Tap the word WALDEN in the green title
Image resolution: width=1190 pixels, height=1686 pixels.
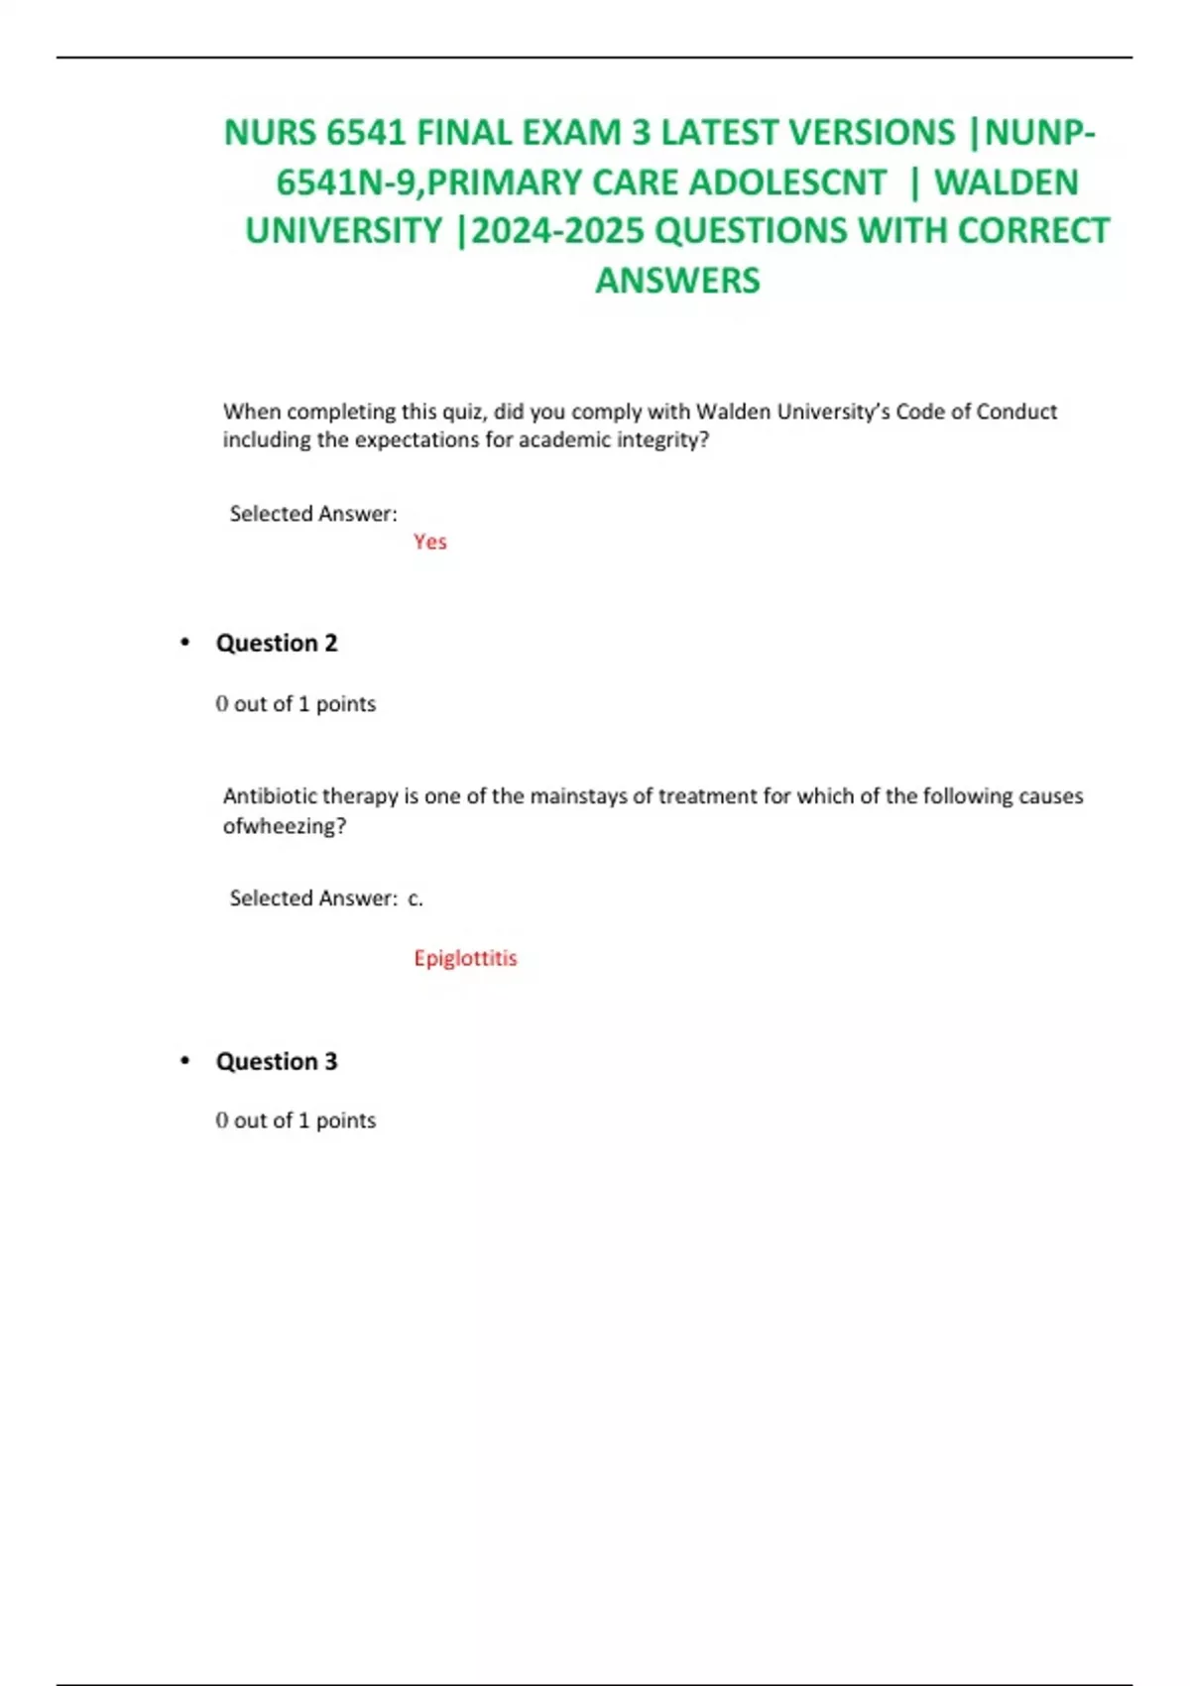point(1007,182)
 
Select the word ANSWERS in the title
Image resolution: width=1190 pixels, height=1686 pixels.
point(677,281)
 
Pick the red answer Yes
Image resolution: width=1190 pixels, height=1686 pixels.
point(430,542)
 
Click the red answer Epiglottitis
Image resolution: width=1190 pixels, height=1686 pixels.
point(465,958)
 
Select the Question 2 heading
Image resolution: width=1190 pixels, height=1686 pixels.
point(277,643)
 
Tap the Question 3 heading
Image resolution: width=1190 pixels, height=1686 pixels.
point(277,1061)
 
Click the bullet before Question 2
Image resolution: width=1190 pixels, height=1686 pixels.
point(184,643)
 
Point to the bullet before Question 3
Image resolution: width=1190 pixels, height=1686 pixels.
point(184,1061)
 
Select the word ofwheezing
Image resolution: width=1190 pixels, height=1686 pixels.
point(284,826)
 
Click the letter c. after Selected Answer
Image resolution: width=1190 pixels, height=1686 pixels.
point(416,899)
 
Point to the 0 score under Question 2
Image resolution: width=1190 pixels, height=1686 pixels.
point(222,704)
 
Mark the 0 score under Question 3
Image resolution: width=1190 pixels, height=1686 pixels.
point(222,1121)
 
